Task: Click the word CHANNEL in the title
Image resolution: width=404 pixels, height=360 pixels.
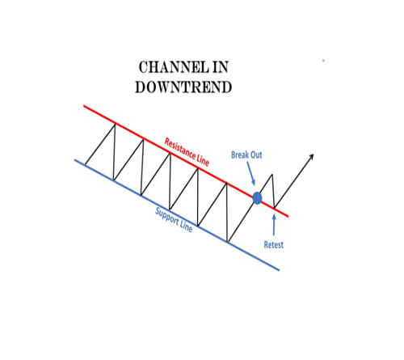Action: coord(174,67)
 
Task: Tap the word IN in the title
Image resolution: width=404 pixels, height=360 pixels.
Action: coord(221,67)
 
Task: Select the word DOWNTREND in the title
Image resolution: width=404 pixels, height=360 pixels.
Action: coord(183,87)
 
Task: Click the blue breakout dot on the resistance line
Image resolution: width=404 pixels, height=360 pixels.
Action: coord(257,198)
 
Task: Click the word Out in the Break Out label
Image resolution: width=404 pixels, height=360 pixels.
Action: coord(255,155)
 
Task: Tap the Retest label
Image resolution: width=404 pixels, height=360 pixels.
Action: coord(274,245)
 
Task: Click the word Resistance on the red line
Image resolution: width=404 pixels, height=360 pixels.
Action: coord(180,150)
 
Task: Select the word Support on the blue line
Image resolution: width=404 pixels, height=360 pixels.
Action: coord(167,218)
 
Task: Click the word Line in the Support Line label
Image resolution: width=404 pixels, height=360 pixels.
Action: coord(187,227)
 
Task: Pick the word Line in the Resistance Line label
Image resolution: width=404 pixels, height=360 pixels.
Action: coord(203,160)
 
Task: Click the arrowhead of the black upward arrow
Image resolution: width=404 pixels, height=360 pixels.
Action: coord(311,156)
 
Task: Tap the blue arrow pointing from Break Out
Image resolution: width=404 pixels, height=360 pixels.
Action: coord(250,173)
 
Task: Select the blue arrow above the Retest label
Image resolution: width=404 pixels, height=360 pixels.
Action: coord(274,226)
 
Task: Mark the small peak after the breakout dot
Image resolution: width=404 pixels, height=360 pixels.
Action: coord(272,175)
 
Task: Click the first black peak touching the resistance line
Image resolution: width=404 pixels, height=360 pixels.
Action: coord(115,124)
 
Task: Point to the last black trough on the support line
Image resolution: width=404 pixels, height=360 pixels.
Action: coord(228,242)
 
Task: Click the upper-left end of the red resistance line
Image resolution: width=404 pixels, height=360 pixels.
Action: coord(84,106)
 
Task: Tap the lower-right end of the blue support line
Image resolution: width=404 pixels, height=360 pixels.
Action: coord(279,269)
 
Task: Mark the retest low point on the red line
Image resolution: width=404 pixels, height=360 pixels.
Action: coord(275,207)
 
